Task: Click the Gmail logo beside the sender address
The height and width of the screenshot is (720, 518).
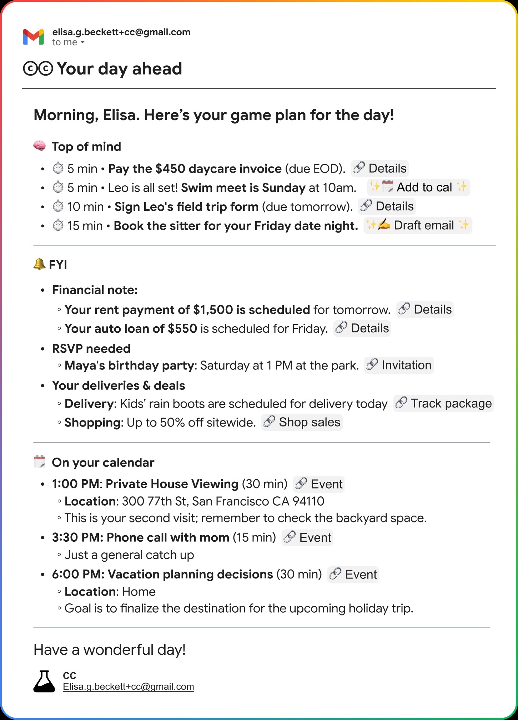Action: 33,37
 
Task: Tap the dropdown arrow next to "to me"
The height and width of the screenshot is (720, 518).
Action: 82,42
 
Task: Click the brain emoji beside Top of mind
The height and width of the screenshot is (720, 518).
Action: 39,146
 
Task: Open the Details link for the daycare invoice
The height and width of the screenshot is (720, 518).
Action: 380,168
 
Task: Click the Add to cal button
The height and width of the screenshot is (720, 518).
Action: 418,187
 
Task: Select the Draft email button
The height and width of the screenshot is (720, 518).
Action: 418,225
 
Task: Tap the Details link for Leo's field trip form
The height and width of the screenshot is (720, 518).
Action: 387,206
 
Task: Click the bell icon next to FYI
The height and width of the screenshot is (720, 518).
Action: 39,264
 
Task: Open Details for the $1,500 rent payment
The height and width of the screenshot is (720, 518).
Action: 425,310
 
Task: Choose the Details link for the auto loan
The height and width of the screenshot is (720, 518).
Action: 362,328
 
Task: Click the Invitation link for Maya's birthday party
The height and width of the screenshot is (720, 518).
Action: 399,365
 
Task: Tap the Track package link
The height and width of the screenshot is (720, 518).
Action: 444,403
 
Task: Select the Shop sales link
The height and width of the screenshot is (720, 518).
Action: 302,422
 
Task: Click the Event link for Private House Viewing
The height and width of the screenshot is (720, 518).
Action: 319,484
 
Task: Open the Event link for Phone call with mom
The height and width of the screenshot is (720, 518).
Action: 307,538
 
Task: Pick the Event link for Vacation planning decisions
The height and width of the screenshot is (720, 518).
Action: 353,575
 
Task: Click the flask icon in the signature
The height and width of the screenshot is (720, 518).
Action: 44,681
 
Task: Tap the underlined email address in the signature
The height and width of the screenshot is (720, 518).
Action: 128,687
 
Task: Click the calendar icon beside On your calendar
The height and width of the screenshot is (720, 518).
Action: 40,461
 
